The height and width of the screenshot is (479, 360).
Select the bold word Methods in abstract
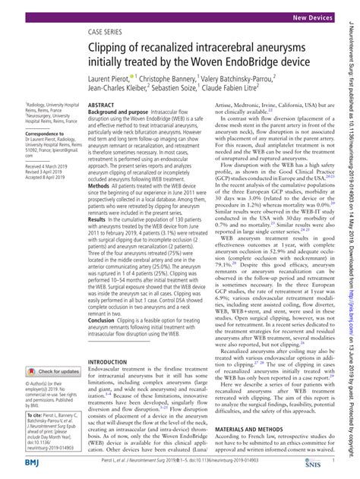pos(102,185)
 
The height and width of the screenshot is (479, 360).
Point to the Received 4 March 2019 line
pos(30,165)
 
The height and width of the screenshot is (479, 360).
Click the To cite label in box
pos(18,416)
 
